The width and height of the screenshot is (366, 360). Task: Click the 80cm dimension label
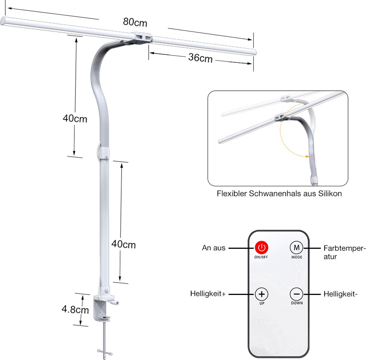pyautogui.click(x=135, y=22)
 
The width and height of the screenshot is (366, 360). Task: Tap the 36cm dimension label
pyautogui.click(x=200, y=58)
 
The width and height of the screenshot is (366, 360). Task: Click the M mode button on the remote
pyautogui.click(x=297, y=247)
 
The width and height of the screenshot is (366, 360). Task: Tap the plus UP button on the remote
pyautogui.click(x=262, y=294)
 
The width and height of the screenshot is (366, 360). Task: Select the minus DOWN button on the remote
pyautogui.click(x=297, y=294)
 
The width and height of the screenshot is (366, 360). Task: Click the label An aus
pyautogui.click(x=214, y=248)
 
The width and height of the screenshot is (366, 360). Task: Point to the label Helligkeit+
pyautogui.click(x=208, y=294)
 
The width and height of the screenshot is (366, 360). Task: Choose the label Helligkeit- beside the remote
pyautogui.click(x=341, y=294)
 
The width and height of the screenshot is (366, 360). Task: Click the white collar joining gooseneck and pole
pyautogui.click(x=104, y=152)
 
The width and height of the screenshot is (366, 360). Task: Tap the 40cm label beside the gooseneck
pyautogui.click(x=75, y=118)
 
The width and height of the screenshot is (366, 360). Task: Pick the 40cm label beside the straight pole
pyautogui.click(x=124, y=245)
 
